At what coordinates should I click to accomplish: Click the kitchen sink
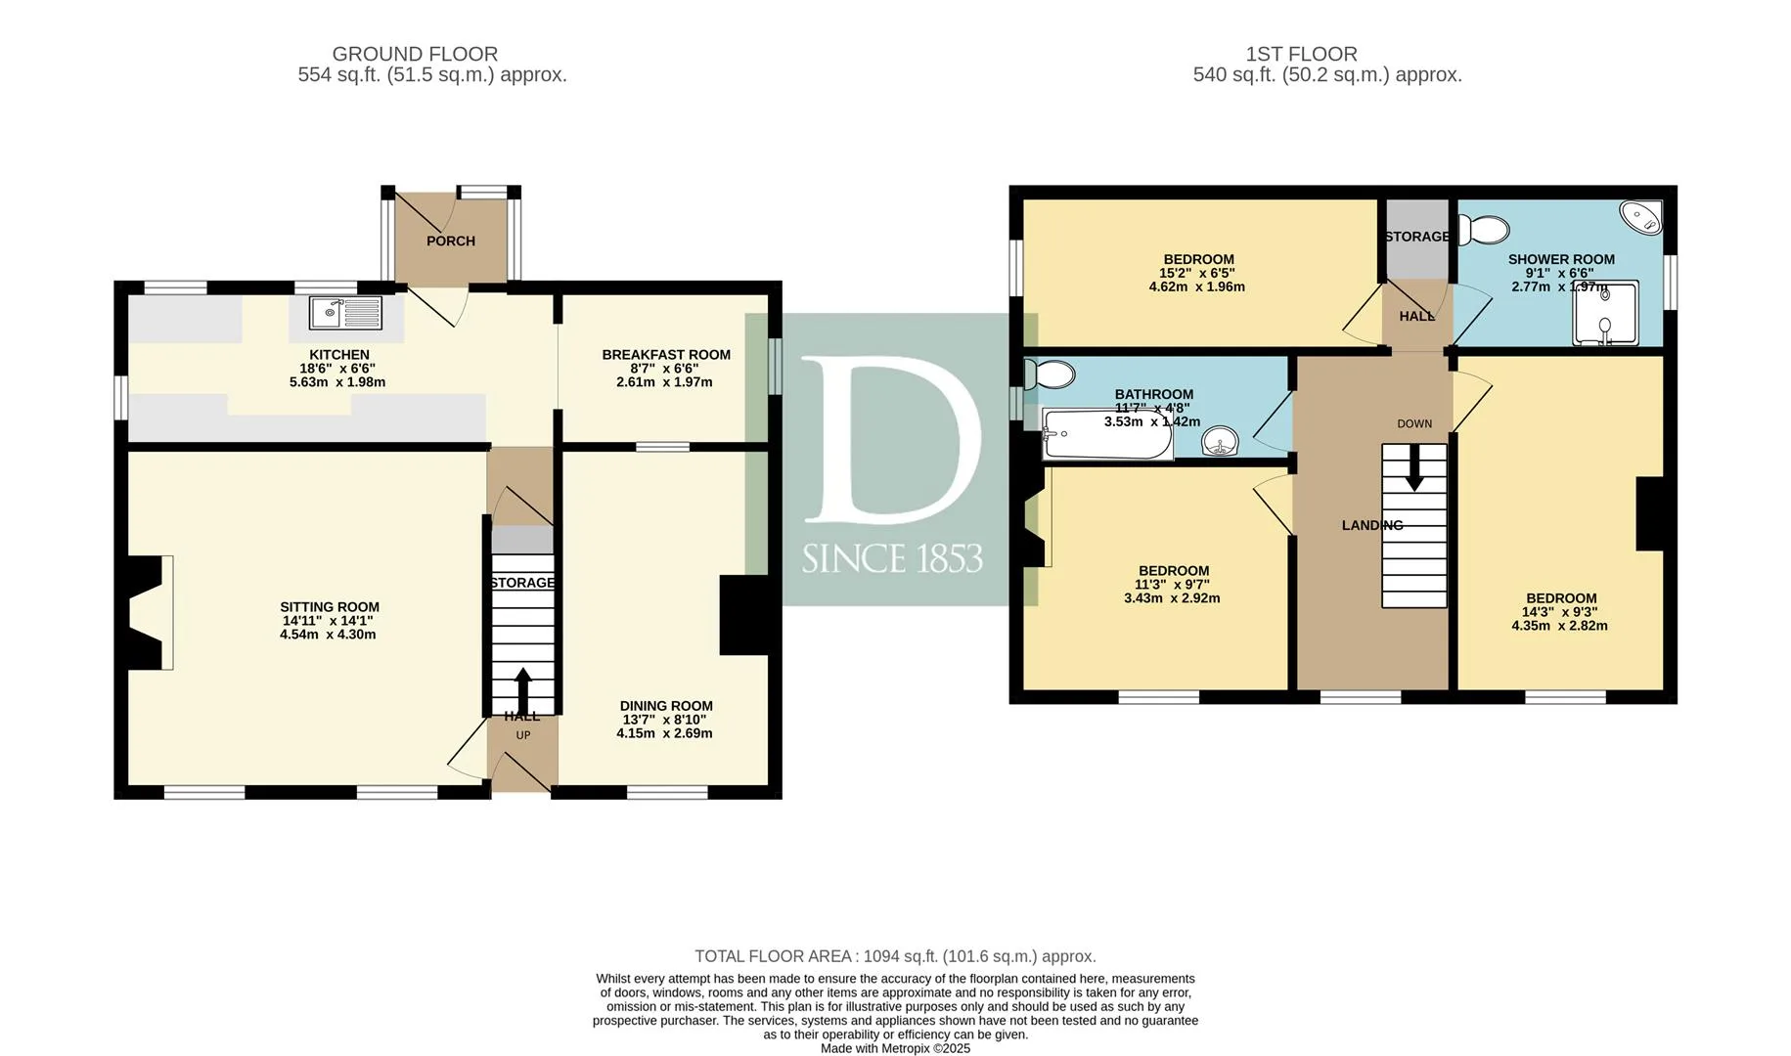pos(345,313)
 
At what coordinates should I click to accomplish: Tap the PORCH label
pos(451,241)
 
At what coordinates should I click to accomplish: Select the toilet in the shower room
pos(1484,230)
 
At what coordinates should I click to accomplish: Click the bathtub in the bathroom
pos(1107,434)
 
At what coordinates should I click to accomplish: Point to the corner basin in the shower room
pos(1641,217)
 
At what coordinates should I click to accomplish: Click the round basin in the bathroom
pos(1220,441)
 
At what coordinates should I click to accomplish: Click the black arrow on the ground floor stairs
pos(523,691)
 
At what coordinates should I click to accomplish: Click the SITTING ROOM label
pos(330,606)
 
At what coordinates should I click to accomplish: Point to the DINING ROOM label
pos(666,706)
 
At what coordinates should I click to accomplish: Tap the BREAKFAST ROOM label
pos(666,355)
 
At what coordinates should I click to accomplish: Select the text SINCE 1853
pos(892,558)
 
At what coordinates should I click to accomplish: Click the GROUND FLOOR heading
pos(415,55)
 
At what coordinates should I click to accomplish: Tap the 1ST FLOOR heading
pos(1301,55)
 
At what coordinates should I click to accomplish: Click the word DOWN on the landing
pos(1414,423)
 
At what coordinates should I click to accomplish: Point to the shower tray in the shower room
pos(1605,314)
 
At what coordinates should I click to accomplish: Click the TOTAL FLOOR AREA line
pos(895,956)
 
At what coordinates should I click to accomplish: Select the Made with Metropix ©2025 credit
pos(895,1048)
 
